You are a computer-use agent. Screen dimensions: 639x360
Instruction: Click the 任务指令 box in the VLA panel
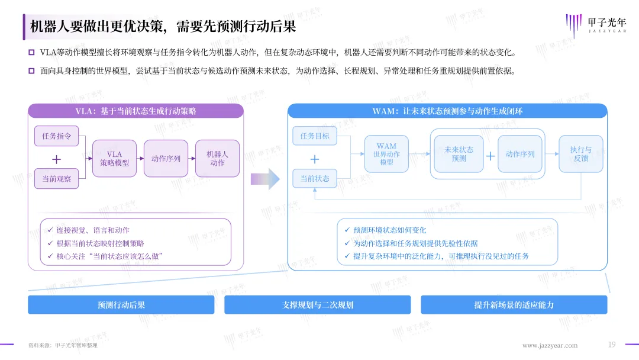click(x=56, y=136)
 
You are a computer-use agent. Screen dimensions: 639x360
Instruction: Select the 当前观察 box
click(x=56, y=179)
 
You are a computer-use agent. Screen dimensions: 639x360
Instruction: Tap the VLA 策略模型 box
click(x=115, y=159)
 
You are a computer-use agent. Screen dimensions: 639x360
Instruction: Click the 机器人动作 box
click(x=217, y=159)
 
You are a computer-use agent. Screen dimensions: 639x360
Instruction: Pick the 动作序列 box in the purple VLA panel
click(x=166, y=159)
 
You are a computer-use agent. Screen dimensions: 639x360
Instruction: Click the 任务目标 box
click(x=315, y=136)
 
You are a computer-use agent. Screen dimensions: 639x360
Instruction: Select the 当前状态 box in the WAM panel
click(x=315, y=179)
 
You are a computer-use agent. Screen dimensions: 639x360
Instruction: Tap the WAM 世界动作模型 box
click(x=386, y=154)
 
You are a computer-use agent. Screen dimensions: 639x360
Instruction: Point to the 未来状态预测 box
click(x=459, y=154)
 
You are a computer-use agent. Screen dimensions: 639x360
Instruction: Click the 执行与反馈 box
click(x=581, y=154)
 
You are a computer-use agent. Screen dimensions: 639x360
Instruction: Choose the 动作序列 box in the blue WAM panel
click(x=520, y=154)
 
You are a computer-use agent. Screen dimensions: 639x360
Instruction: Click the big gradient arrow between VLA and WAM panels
click(x=265, y=179)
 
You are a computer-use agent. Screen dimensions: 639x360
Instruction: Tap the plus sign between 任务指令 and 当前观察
click(x=56, y=159)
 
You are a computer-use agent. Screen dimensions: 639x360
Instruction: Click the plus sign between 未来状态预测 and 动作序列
click(x=490, y=156)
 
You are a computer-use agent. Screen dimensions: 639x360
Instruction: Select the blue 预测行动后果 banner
click(x=121, y=305)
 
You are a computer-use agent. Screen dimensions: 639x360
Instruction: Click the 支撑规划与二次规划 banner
click(x=318, y=305)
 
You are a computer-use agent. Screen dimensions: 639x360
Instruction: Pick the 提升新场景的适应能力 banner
click(x=514, y=305)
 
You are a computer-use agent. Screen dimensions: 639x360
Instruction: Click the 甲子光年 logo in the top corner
click(x=596, y=25)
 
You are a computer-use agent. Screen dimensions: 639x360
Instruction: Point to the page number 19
click(x=612, y=345)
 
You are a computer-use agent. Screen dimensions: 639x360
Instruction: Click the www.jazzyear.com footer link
click(x=550, y=346)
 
